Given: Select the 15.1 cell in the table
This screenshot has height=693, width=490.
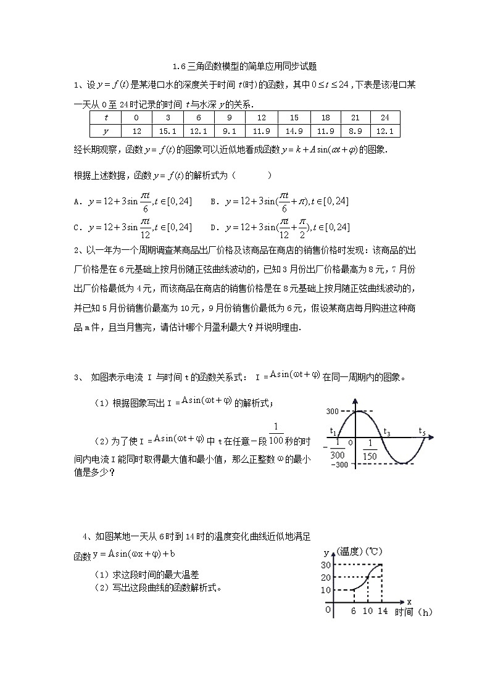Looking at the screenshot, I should [168, 131].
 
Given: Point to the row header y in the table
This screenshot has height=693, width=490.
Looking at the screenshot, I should [106, 131].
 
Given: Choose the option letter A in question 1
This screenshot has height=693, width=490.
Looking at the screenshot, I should [76, 201].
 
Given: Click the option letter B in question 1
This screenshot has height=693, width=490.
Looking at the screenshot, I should [213, 201].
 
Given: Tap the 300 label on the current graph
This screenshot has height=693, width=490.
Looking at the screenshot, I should [333, 411].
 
